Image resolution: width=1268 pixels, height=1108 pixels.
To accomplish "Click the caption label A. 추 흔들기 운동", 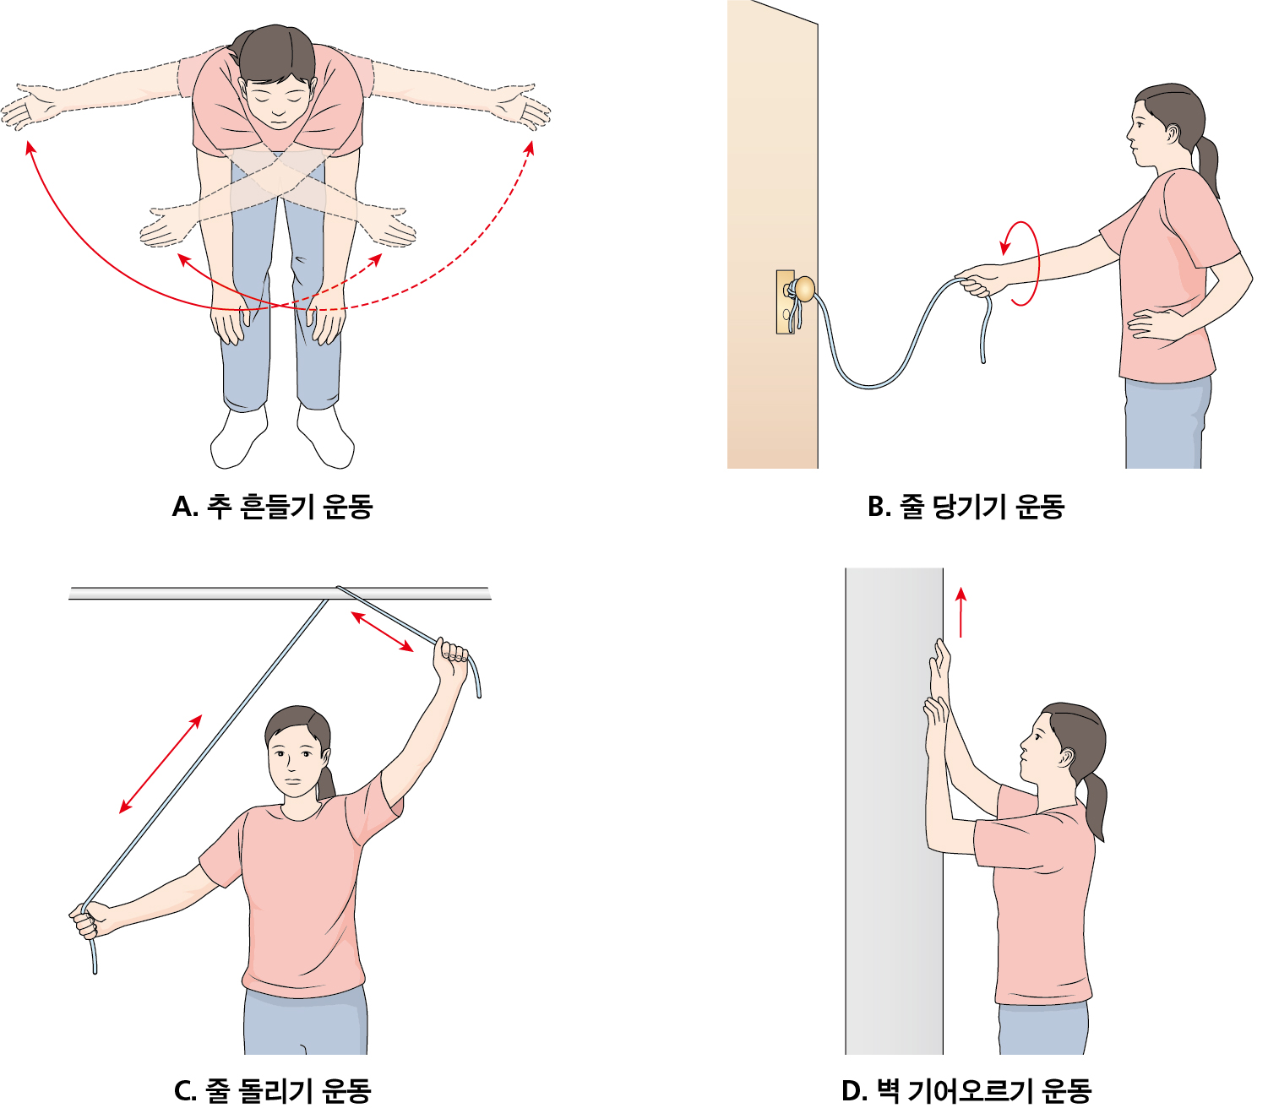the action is point(272,507).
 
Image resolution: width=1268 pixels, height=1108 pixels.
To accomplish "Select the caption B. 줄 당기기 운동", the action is point(966,507).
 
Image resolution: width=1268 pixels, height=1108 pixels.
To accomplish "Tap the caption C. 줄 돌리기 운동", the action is point(272,1090).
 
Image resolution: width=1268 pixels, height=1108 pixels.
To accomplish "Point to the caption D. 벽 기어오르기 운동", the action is point(966,1090).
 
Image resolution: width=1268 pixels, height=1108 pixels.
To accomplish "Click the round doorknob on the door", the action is point(804,289).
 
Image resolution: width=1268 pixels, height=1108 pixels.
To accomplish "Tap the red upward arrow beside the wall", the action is point(961,612).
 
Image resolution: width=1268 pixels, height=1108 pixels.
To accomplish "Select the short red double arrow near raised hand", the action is point(382,631).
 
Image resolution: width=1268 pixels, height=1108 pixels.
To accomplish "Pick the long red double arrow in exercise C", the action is point(161,763).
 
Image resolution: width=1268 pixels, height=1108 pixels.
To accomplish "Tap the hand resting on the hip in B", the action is point(1151,324).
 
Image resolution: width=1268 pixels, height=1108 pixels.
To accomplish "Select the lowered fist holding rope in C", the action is point(90,919).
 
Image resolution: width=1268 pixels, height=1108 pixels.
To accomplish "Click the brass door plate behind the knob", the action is point(786,301).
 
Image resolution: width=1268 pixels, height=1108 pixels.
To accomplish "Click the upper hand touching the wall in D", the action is point(940,671).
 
